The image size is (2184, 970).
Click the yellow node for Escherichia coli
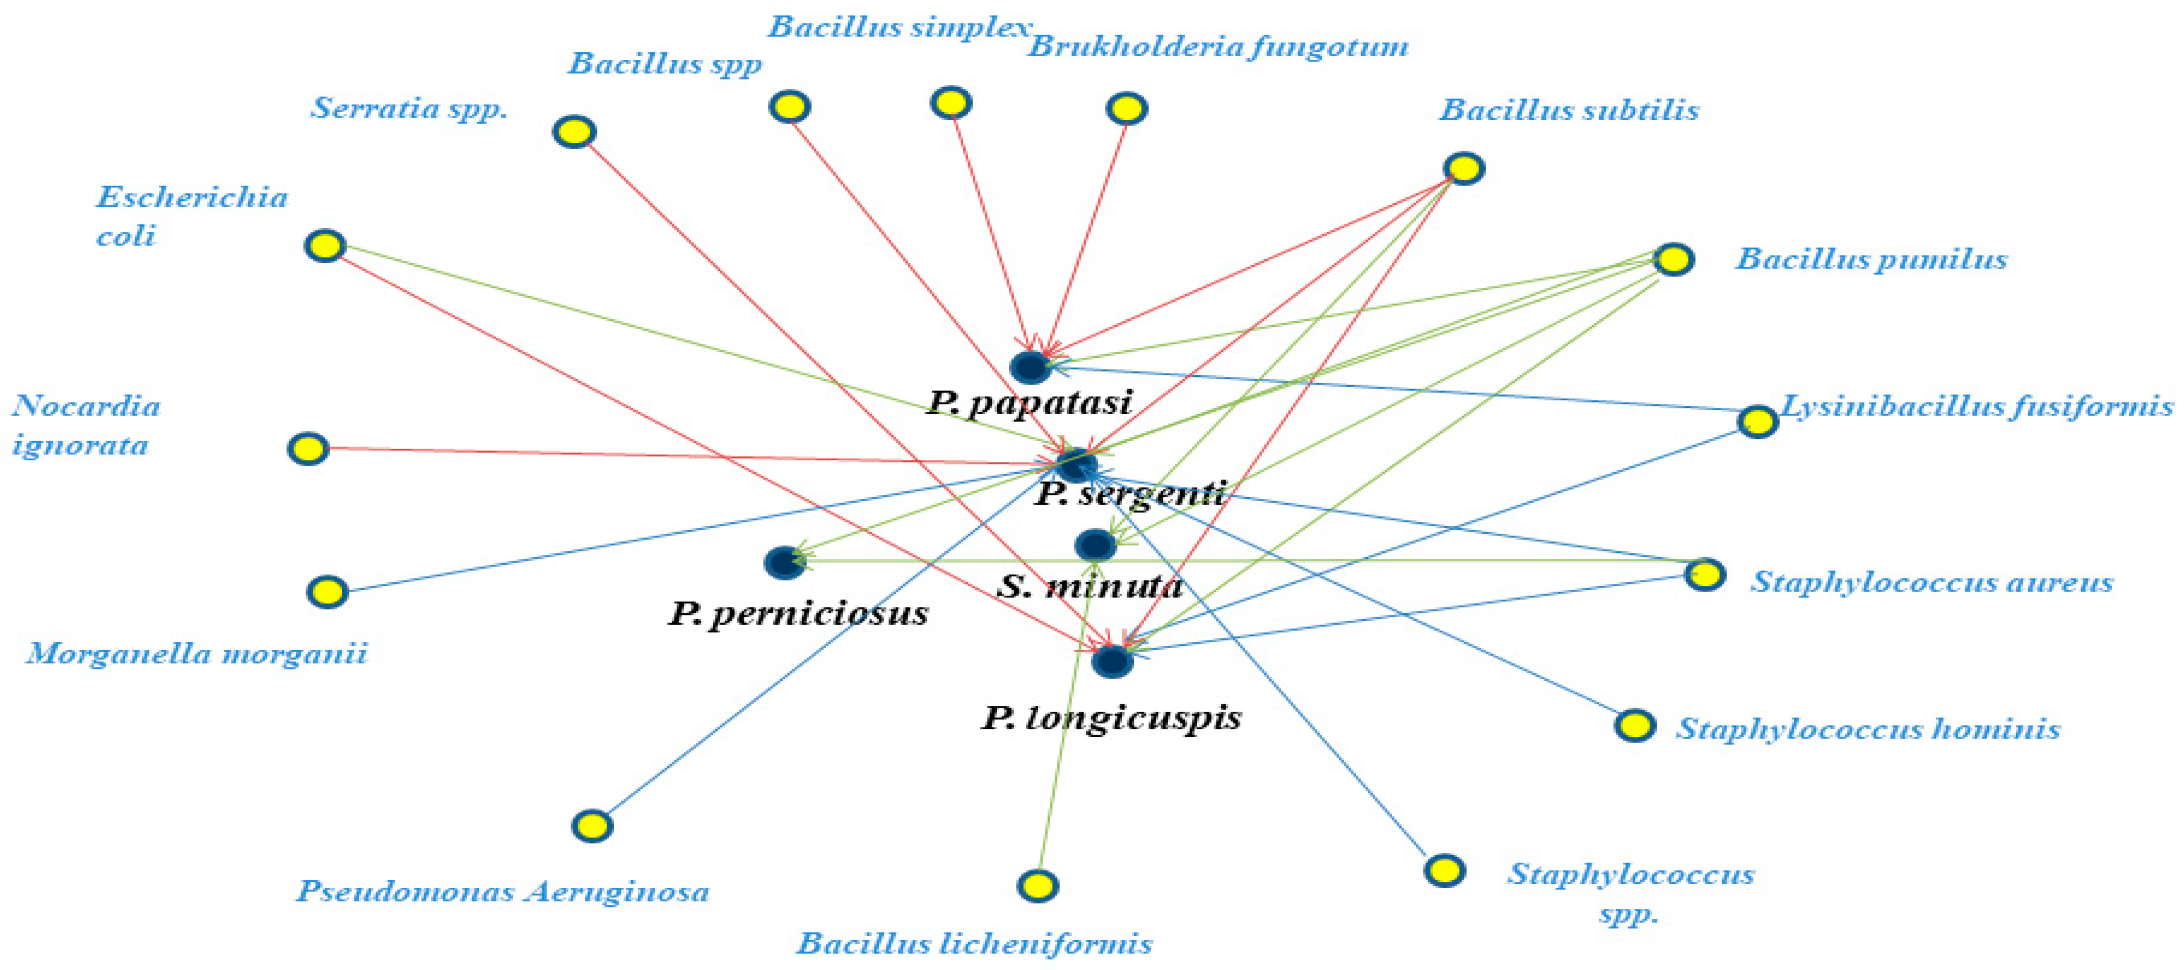(x=325, y=246)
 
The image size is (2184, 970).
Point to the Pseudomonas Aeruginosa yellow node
(x=592, y=825)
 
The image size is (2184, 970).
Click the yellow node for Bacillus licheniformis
(x=1037, y=885)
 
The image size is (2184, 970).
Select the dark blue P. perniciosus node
(x=784, y=562)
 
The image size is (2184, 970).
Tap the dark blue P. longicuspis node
(x=1111, y=661)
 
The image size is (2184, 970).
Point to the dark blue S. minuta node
(x=1096, y=544)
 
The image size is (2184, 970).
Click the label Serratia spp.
(x=409, y=108)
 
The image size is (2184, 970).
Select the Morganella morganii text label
(x=197, y=654)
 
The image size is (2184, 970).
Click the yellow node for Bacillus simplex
(x=950, y=102)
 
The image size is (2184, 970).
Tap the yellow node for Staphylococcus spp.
(x=1445, y=870)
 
